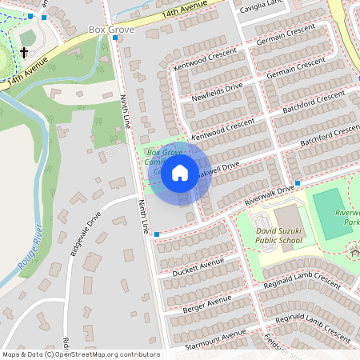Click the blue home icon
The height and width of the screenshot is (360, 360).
[180, 172]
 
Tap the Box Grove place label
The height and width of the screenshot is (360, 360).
[110, 30]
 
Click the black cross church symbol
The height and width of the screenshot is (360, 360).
[24, 53]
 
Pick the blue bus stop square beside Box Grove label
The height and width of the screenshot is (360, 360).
[116, 38]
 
